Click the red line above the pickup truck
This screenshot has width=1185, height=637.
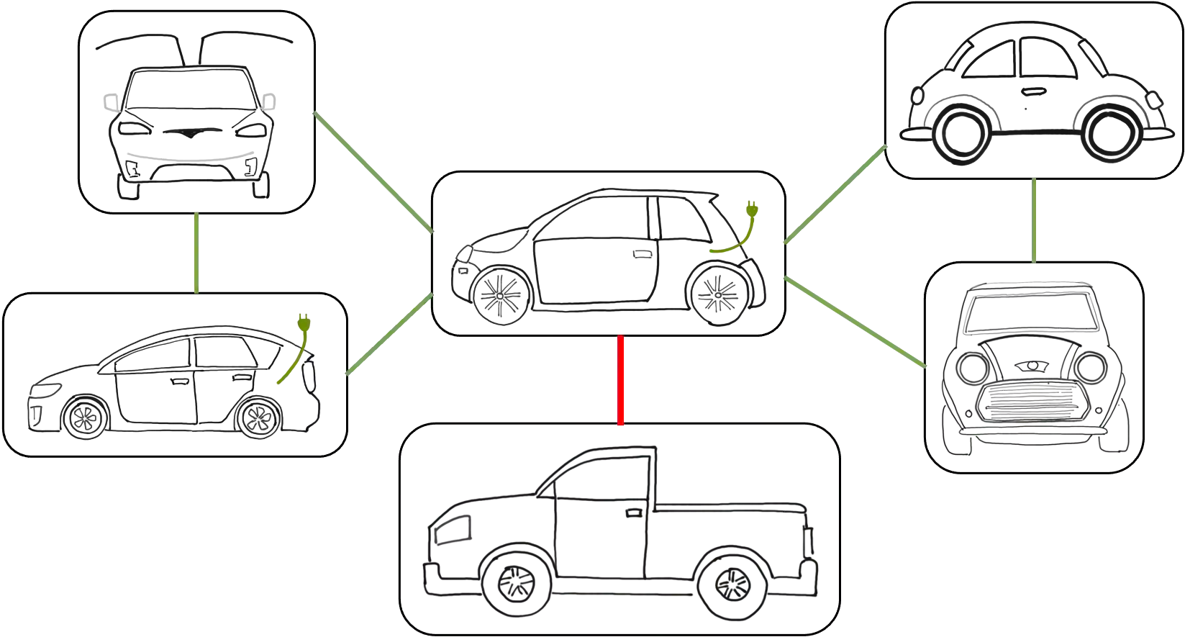(x=620, y=380)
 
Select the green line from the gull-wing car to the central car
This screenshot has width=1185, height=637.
(x=374, y=173)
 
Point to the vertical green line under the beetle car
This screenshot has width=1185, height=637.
(x=1033, y=219)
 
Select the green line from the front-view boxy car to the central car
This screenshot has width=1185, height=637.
(x=856, y=322)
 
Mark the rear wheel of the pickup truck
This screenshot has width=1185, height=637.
(x=732, y=582)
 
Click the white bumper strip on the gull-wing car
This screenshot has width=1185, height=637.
(x=190, y=155)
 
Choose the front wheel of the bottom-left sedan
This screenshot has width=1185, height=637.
(x=86, y=417)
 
